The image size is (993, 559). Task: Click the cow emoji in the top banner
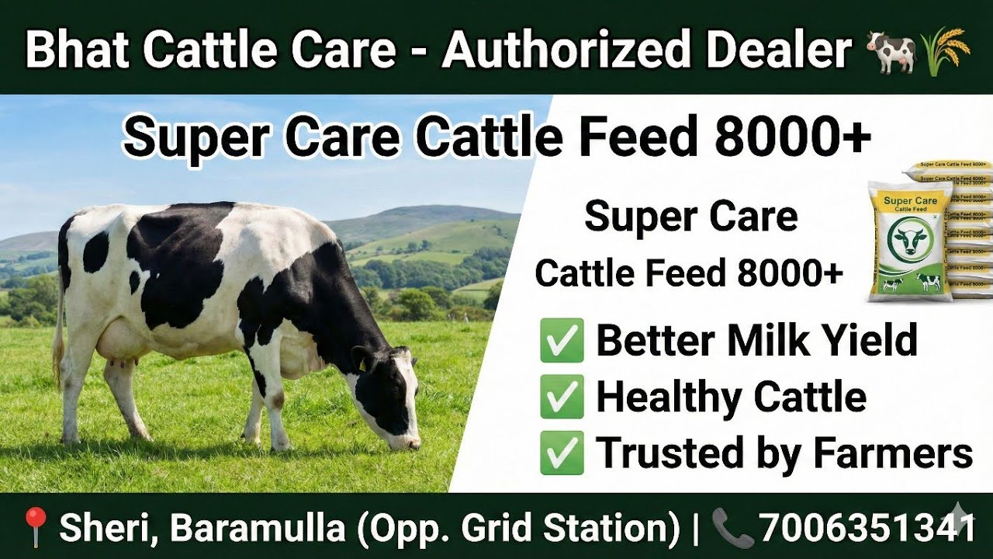tap(891, 51)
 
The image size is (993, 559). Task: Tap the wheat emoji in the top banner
tap(946, 50)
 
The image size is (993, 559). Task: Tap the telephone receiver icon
tap(732, 528)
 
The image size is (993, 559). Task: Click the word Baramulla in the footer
tap(257, 528)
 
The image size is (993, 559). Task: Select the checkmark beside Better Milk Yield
tap(562, 342)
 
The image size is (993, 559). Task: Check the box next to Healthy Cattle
tap(562, 398)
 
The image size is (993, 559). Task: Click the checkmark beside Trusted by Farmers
tap(562, 454)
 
